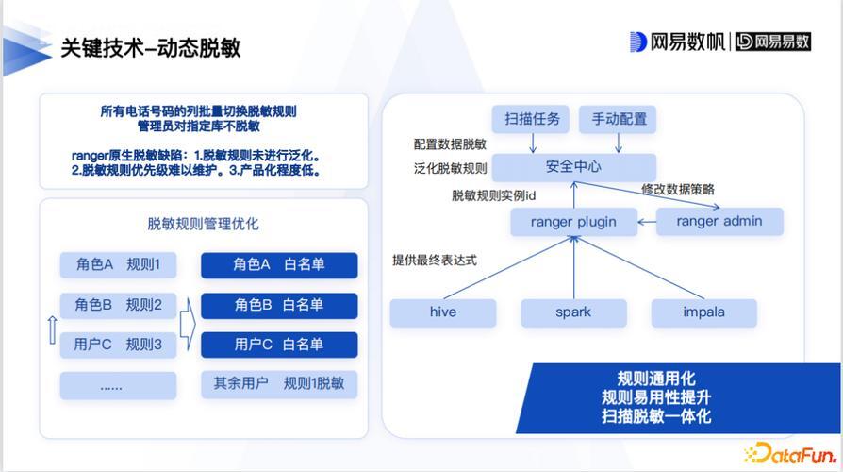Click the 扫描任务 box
click(x=531, y=119)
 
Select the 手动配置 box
click(x=618, y=119)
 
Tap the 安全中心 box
click(x=573, y=167)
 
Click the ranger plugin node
click(x=573, y=222)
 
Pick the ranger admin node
click(x=719, y=221)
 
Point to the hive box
click(x=443, y=312)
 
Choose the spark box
click(x=573, y=312)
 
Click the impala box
click(x=703, y=312)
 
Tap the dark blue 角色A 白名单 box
click(x=279, y=265)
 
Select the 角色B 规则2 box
click(x=118, y=305)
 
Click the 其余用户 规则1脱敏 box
click(x=279, y=384)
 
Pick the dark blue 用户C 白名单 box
click(x=279, y=345)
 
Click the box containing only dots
click(x=118, y=385)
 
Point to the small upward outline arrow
click(x=52, y=329)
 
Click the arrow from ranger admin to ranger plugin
click(x=647, y=222)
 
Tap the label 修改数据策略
click(x=678, y=190)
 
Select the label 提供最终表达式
click(x=435, y=261)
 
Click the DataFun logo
click(x=790, y=454)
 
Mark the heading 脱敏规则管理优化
click(x=204, y=224)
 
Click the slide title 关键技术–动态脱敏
click(x=151, y=48)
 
